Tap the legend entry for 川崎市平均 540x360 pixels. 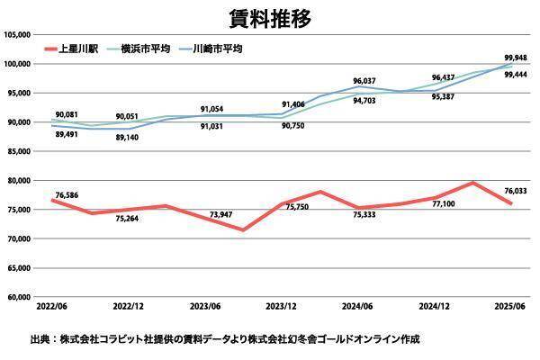tap(218, 48)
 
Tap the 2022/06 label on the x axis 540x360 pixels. tap(52, 307)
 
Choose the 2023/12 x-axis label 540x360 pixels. tap(283, 307)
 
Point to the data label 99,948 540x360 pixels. tap(516, 58)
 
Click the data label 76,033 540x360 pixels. tap(516, 190)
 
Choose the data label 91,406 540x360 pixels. tap(292, 104)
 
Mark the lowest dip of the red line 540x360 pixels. tap(243, 229)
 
